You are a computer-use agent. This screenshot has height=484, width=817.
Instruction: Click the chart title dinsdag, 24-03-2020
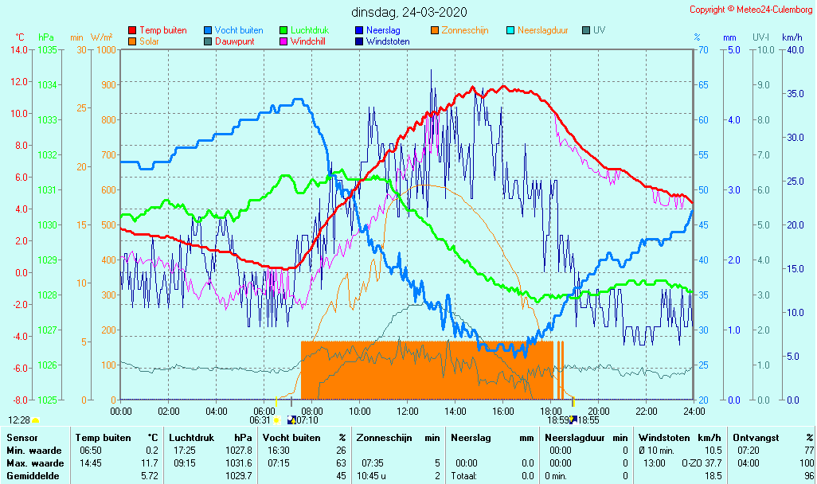(409, 12)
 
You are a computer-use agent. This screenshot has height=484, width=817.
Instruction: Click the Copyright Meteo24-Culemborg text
(751, 10)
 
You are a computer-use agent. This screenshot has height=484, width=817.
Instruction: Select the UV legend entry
(599, 30)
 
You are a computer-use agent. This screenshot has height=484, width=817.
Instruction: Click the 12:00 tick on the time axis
(408, 411)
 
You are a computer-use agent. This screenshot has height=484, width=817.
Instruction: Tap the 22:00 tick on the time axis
(647, 411)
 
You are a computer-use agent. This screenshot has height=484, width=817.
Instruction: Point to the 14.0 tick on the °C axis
(20, 49)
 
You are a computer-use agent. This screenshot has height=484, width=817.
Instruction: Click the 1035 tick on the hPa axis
(47, 49)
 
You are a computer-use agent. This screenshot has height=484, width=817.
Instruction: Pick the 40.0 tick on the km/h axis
(795, 49)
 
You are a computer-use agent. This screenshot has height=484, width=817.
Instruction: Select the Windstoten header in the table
(663, 438)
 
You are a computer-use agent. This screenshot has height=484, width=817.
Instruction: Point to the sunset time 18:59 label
(558, 420)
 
